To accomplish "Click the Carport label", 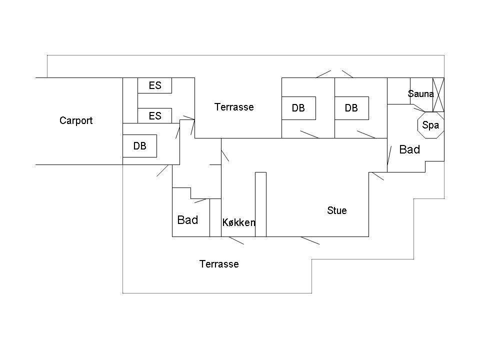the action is coord(76,120).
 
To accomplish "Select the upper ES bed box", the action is coord(154,85).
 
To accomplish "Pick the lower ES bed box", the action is coord(154,115).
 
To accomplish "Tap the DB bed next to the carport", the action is coord(139,146).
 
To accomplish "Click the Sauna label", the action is coord(421,93).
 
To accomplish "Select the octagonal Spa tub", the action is coord(430,125).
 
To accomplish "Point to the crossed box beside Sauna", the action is coord(438,94).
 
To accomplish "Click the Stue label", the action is coord(336,210).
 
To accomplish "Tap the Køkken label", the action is coord(239,222).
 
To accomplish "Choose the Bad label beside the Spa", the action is coord(409,149).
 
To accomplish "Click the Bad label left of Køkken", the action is coord(187,220).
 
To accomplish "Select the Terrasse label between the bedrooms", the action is coord(234,107).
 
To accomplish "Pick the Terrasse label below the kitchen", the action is coord(219,264).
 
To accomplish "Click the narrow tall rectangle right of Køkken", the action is coord(261,204).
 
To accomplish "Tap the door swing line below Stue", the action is coord(310,240).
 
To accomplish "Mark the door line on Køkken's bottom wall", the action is coord(236,240).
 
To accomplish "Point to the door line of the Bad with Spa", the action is coord(389,155).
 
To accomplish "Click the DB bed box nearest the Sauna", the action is coord(351,108).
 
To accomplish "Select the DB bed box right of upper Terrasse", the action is coord(298,108).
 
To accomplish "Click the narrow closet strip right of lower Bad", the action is coord(215,217).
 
